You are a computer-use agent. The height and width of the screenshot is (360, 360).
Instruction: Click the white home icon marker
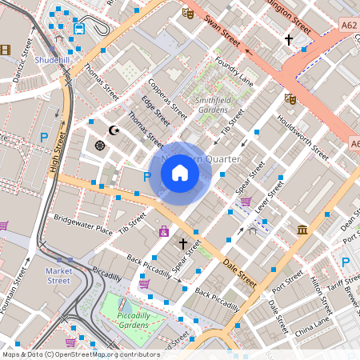tap(180, 172)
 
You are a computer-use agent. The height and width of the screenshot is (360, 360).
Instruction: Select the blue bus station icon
tap(79, 29)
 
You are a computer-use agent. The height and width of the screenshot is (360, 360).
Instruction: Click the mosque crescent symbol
tap(114, 129)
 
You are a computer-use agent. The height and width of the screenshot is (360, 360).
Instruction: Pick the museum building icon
tap(302, 230)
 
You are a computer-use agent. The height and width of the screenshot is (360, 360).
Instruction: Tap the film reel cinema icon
tap(6, 50)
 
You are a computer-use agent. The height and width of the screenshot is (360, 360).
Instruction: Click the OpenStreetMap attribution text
tap(80, 354)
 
